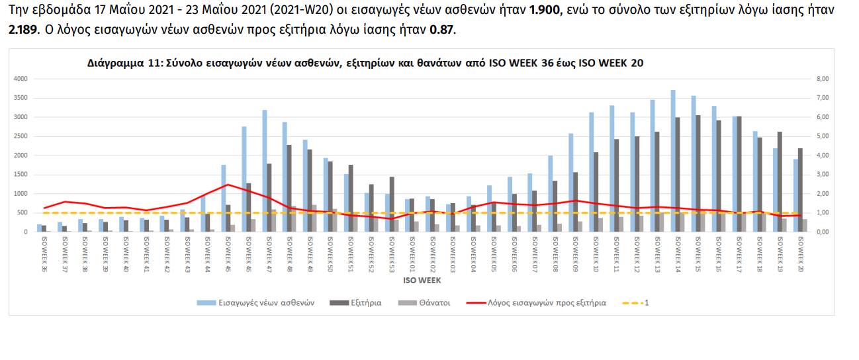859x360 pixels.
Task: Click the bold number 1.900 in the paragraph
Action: (x=545, y=11)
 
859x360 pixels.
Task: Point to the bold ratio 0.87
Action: (x=443, y=30)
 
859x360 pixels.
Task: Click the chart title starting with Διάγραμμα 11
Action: (x=365, y=64)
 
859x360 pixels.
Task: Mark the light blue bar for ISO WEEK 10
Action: (x=592, y=172)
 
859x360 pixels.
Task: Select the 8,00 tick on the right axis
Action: (x=823, y=79)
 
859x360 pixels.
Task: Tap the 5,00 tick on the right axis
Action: (x=823, y=136)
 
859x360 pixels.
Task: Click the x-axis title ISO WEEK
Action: (x=422, y=281)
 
